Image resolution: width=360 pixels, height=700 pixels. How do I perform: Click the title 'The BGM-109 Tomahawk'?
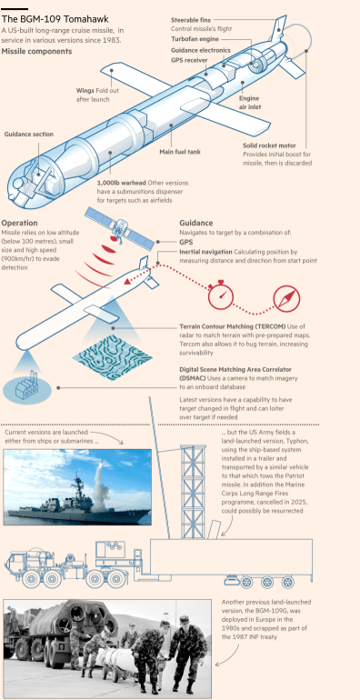point(55,20)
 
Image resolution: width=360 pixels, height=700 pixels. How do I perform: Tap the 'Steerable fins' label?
point(191,20)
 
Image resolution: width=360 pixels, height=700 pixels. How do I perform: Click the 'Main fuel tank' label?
point(180,152)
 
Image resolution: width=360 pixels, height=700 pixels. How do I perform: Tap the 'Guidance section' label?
point(29,135)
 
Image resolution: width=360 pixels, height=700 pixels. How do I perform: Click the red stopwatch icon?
point(221,295)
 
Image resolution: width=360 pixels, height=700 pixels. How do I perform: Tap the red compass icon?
point(286,299)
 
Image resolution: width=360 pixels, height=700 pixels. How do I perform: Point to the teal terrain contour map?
point(112,353)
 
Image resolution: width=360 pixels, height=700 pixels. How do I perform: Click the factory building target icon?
point(26,387)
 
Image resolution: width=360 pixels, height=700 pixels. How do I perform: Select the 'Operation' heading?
point(20,224)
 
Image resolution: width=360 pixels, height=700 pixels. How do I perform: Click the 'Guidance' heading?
point(196,224)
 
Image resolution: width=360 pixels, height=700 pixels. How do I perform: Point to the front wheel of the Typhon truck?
point(31,579)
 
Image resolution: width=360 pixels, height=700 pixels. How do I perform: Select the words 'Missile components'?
point(36,51)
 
